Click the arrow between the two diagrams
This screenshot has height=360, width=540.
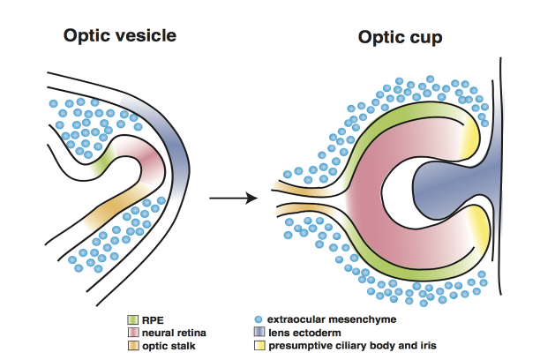[x=234, y=197]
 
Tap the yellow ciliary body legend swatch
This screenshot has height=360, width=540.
[x=258, y=345]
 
